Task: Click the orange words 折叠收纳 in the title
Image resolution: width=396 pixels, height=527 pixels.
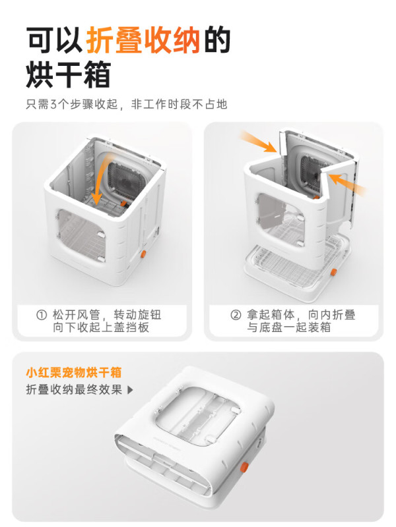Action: click(x=143, y=40)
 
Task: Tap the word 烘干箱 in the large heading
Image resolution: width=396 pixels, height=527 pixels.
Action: click(x=69, y=74)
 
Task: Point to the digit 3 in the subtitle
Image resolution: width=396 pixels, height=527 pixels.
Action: click(x=53, y=104)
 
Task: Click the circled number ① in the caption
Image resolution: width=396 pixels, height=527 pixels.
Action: click(x=42, y=316)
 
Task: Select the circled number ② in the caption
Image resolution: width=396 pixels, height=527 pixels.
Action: click(x=236, y=316)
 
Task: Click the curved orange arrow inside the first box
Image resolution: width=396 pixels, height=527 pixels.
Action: click(x=101, y=178)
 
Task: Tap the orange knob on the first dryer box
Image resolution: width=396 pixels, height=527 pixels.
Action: click(x=143, y=254)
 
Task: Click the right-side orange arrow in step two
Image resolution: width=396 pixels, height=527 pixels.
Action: click(x=347, y=184)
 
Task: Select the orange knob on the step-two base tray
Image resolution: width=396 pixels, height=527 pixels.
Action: click(x=333, y=272)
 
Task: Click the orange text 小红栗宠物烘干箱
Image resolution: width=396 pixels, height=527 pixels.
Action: click(x=74, y=373)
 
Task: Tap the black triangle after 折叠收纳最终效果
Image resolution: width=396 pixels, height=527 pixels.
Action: click(x=130, y=390)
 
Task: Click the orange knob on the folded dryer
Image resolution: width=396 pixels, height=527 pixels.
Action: click(x=244, y=467)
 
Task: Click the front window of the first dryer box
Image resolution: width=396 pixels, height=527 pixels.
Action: click(x=81, y=235)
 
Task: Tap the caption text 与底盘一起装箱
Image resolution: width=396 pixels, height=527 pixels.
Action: click(x=289, y=327)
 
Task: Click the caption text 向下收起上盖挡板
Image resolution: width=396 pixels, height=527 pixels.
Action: click(x=101, y=327)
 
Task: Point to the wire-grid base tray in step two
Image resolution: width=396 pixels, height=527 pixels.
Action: click(x=296, y=265)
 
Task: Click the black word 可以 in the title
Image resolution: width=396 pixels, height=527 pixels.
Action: click(x=55, y=40)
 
